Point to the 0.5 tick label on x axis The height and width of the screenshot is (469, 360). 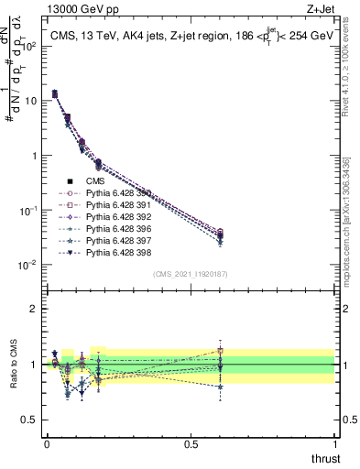191,443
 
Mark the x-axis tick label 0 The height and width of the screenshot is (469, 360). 47,443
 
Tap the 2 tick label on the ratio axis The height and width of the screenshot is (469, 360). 34,309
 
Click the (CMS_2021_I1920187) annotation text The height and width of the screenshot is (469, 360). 191,274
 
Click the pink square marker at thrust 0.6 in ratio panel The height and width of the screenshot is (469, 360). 220,351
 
